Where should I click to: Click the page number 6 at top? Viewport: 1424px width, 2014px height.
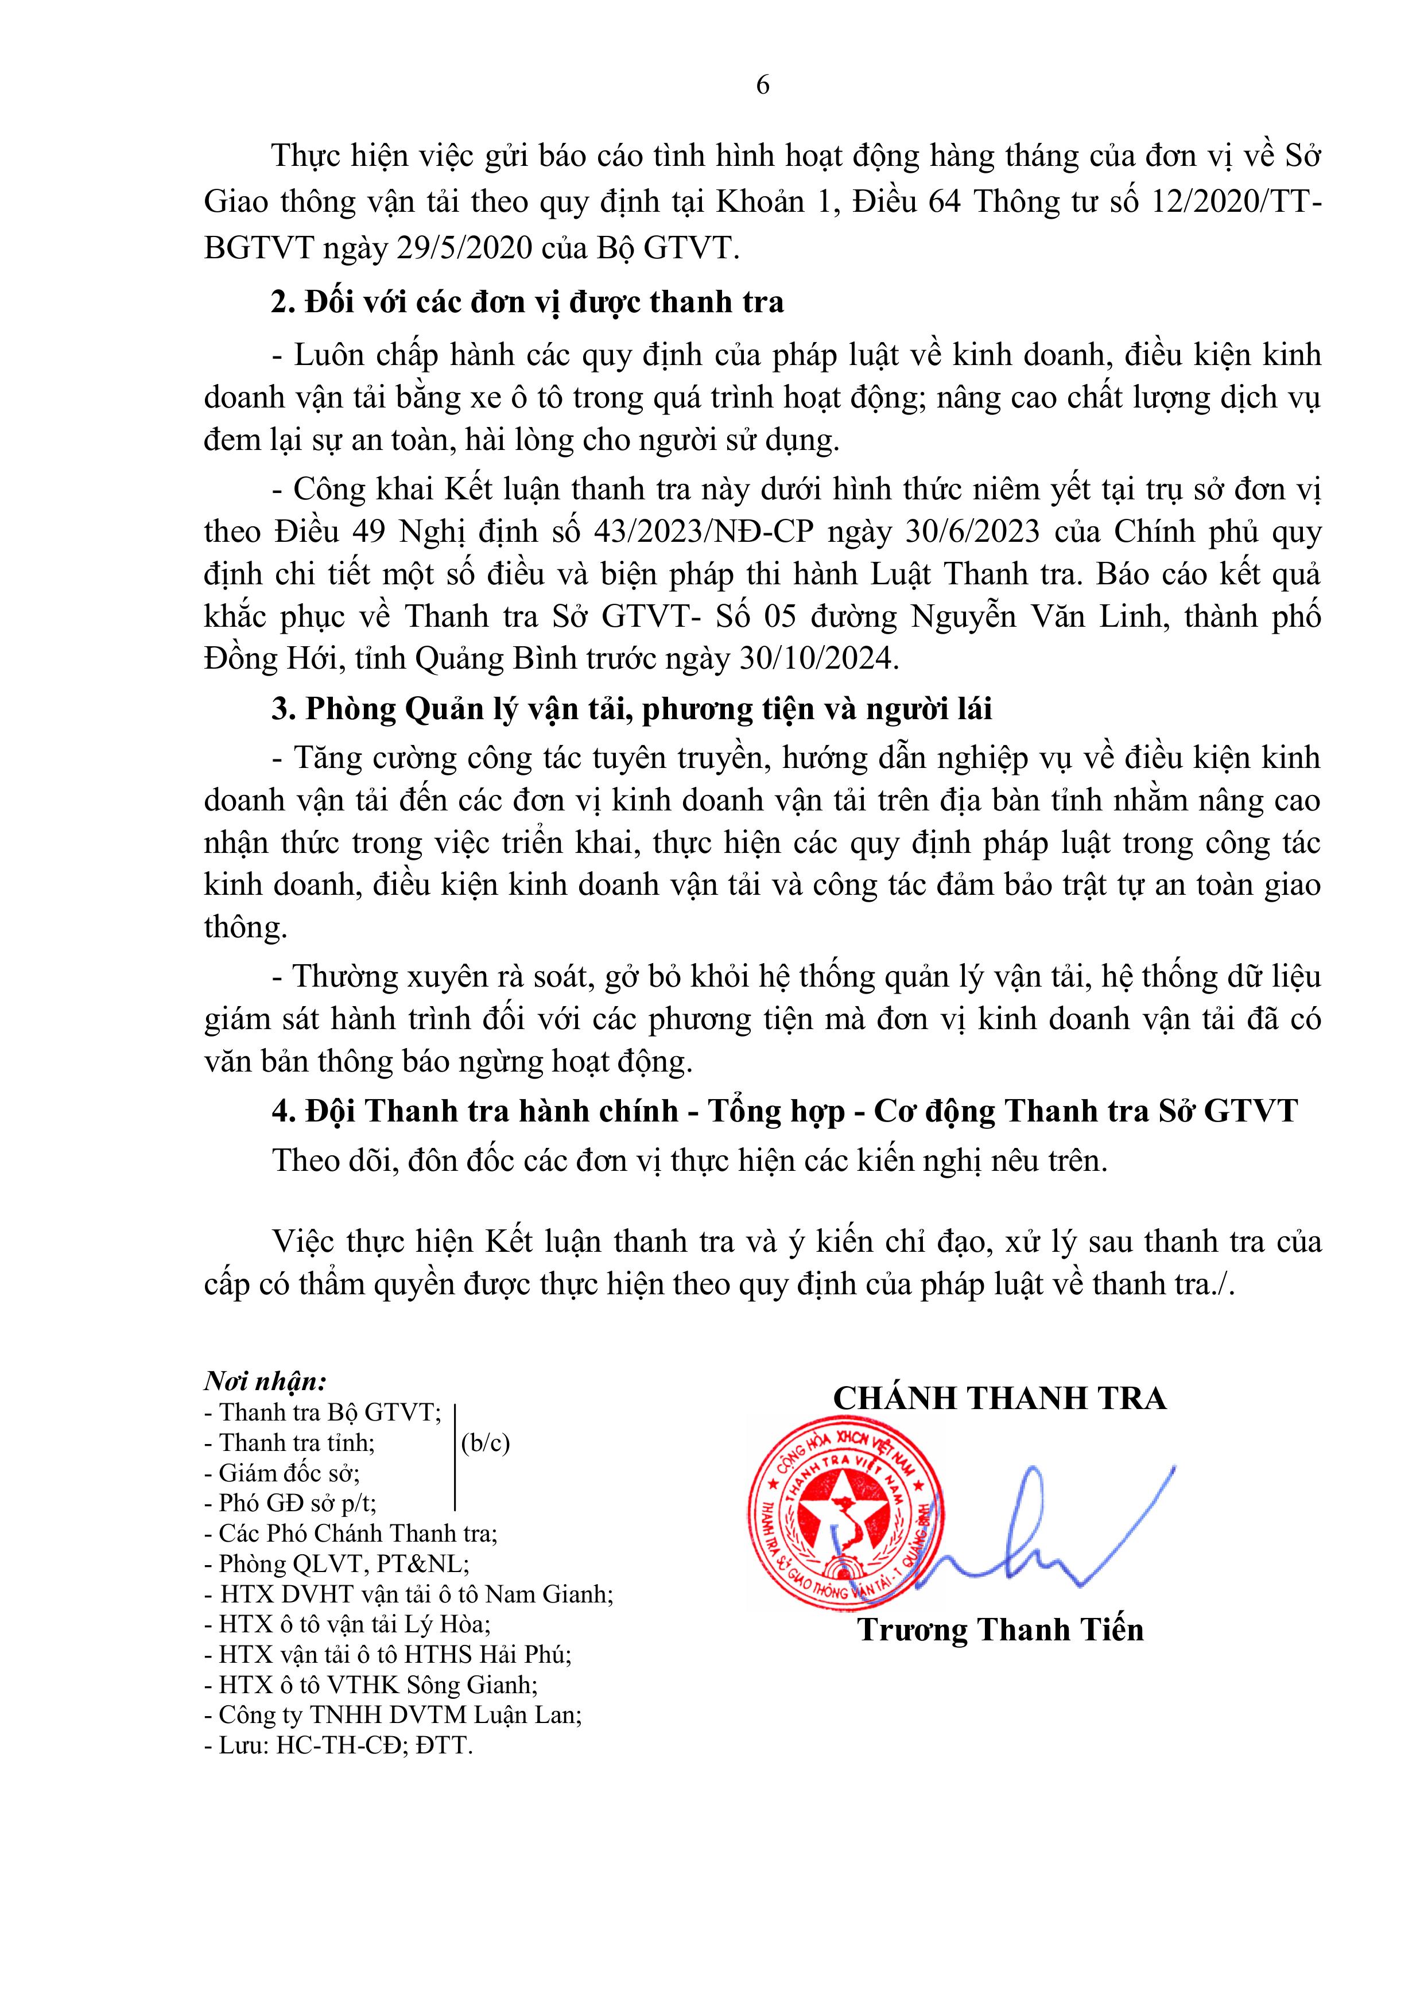pyautogui.click(x=762, y=85)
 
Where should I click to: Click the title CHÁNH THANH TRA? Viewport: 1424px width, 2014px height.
pyautogui.click(x=999, y=1398)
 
